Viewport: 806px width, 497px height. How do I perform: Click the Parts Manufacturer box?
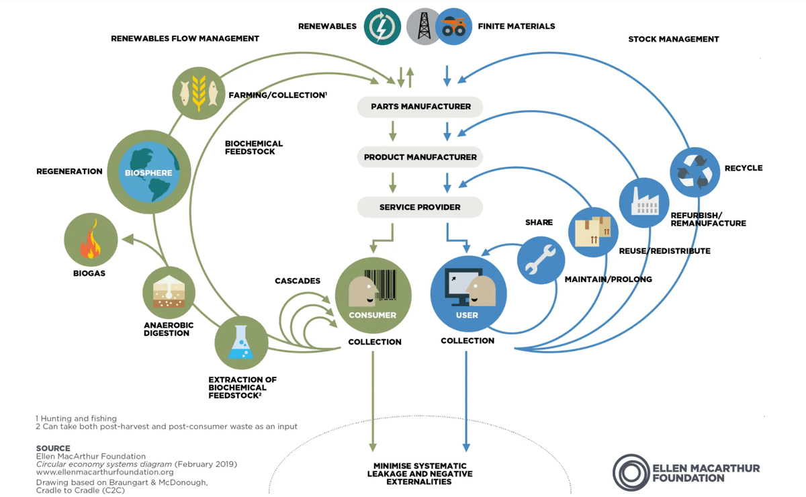tap(420, 107)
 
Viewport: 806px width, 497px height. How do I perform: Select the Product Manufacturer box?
tap(420, 157)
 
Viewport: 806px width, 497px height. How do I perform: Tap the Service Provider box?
tap(420, 207)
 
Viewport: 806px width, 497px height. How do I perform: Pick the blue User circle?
tap(468, 294)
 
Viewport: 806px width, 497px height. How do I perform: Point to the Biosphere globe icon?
tap(148, 172)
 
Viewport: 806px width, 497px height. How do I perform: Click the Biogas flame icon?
tap(91, 240)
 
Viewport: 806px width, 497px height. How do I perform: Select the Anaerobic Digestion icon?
tap(169, 293)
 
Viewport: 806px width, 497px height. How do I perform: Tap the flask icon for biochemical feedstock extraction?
tap(241, 343)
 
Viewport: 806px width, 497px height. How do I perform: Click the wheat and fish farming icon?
tap(199, 93)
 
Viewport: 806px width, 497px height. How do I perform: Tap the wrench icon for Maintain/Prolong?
tap(541, 261)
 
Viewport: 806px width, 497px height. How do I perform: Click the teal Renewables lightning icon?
tap(382, 26)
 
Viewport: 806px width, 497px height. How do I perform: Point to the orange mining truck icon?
tap(453, 27)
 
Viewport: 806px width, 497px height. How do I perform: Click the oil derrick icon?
tap(424, 27)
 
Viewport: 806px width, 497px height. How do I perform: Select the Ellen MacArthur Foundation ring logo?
tap(631, 473)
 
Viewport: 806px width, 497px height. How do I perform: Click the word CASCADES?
tap(298, 281)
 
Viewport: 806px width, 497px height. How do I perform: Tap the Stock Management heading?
tap(673, 39)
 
